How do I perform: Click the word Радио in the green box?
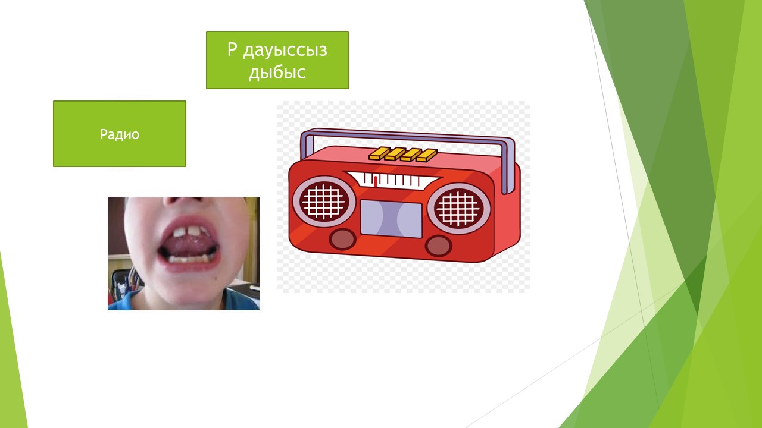[120, 134]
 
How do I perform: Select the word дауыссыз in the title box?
[285, 51]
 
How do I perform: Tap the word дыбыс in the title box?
[277, 73]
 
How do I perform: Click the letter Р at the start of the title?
[232, 49]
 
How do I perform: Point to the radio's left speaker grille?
[324, 201]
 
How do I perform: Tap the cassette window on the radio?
[391, 218]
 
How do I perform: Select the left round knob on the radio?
[342, 239]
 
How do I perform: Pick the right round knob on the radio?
[439, 246]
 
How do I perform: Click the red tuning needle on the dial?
[375, 182]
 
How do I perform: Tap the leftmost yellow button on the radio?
[379, 153]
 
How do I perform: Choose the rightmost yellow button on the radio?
[427, 155]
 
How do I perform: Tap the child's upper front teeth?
[186, 232]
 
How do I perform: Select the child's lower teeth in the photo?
[188, 260]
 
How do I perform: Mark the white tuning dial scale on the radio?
[392, 179]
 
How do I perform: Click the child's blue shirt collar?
[238, 298]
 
